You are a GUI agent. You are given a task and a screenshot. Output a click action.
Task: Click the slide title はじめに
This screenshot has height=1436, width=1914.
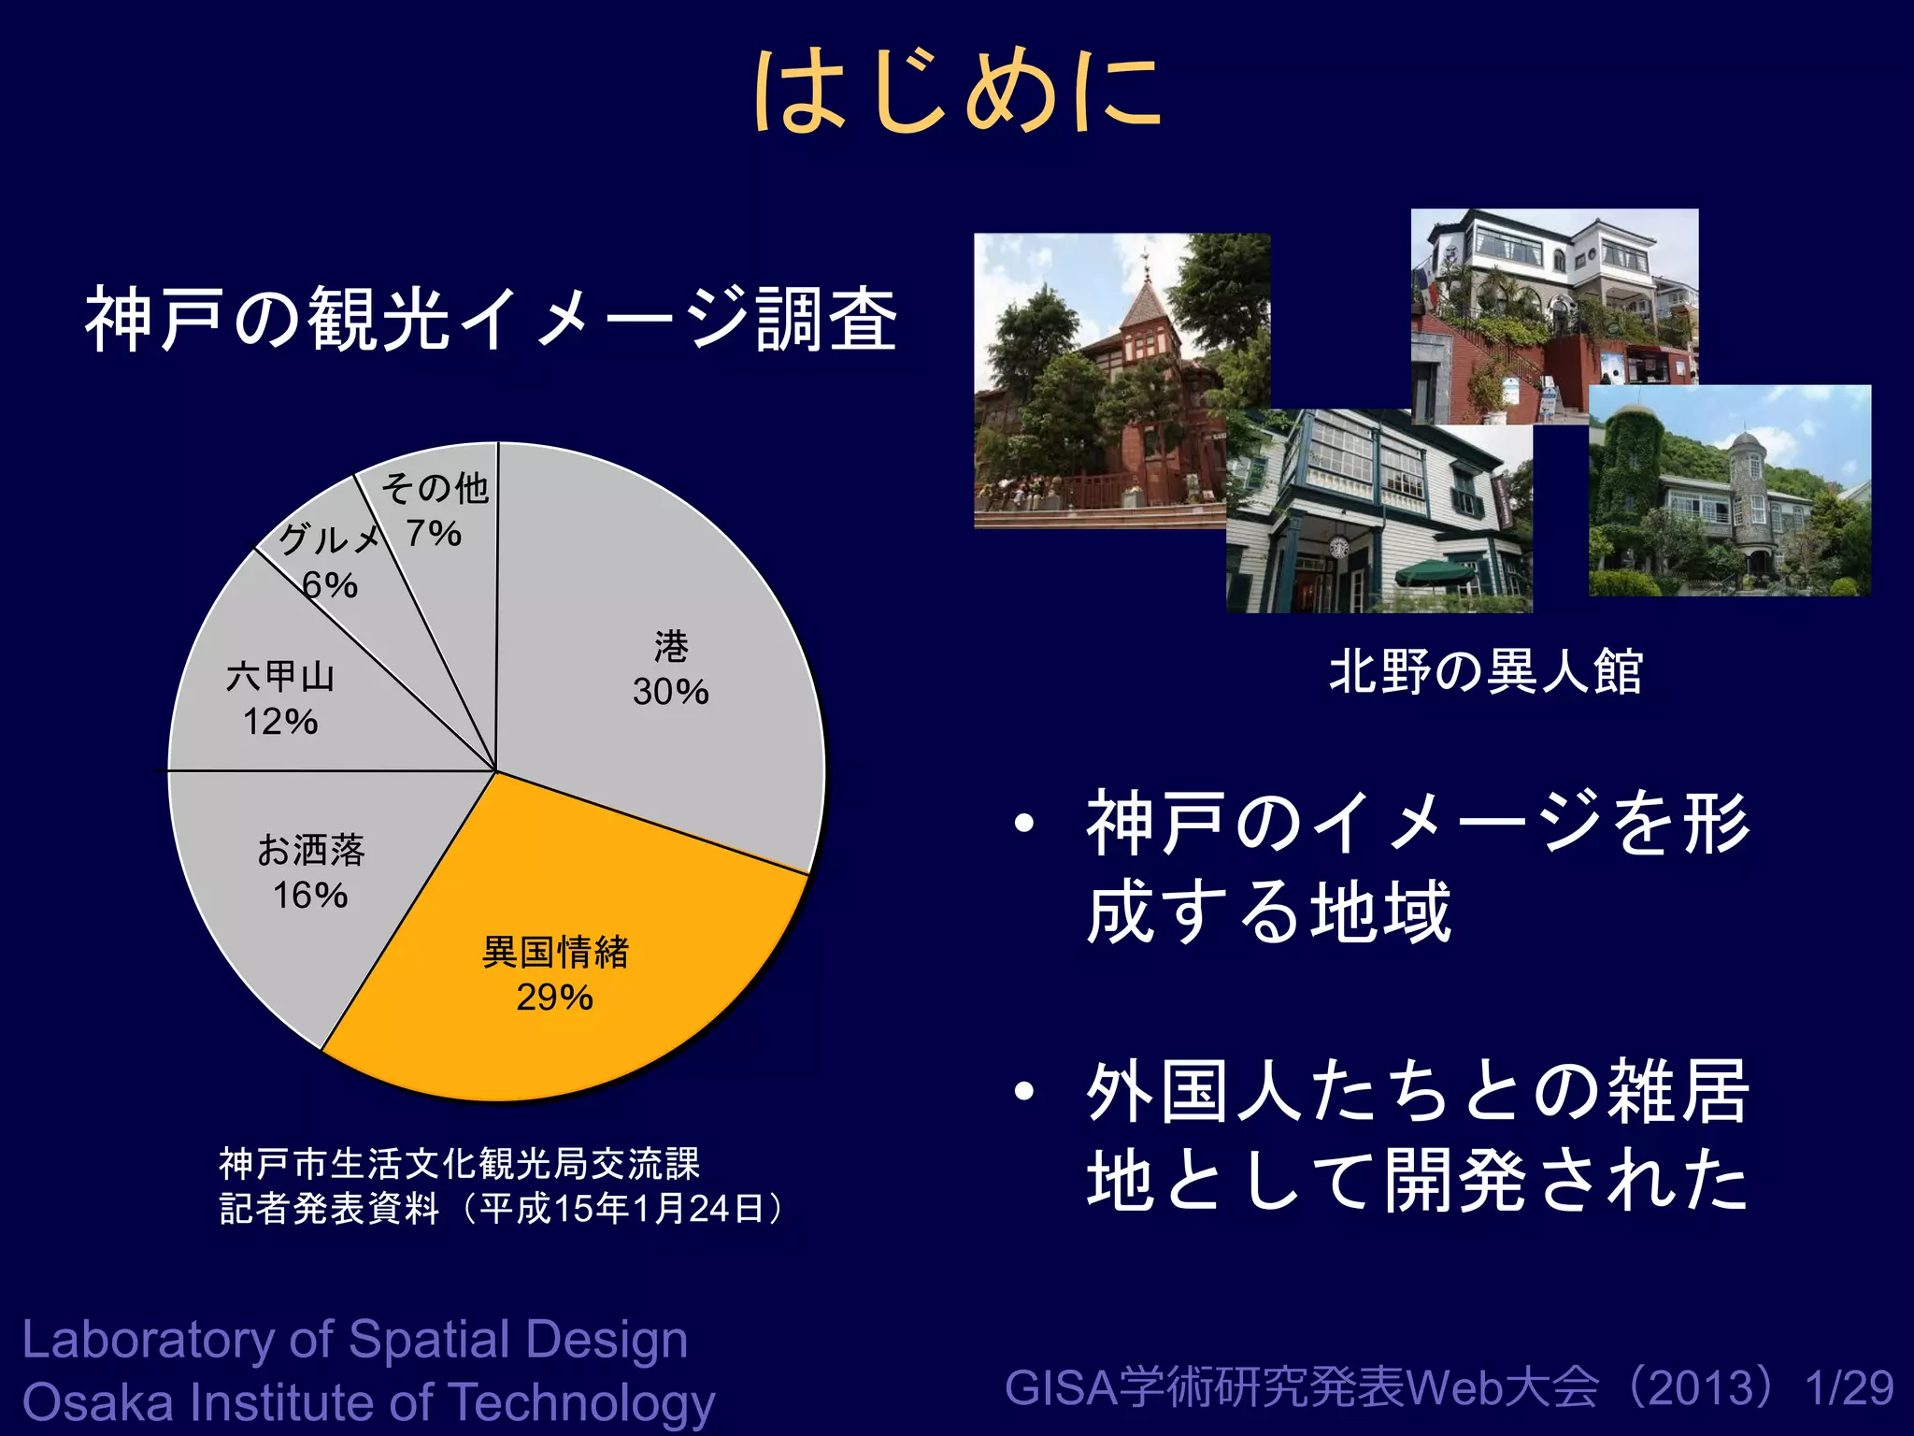957,91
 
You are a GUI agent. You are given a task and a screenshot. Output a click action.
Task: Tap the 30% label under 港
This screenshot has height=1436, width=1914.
670,692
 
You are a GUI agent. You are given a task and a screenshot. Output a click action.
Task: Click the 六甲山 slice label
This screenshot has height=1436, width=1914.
279,676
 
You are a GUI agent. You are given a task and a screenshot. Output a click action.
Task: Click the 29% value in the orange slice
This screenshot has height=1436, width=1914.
554,998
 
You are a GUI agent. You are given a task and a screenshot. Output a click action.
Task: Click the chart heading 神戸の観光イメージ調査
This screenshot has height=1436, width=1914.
491,320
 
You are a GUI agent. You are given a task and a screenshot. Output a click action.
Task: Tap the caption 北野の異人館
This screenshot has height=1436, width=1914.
1486,671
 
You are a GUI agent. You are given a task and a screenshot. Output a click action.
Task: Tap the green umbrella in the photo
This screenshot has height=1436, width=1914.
1435,571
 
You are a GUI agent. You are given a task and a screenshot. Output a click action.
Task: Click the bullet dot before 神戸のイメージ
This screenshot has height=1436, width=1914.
1025,823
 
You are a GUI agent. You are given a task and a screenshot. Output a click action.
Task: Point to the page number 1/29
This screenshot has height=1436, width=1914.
1850,1387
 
